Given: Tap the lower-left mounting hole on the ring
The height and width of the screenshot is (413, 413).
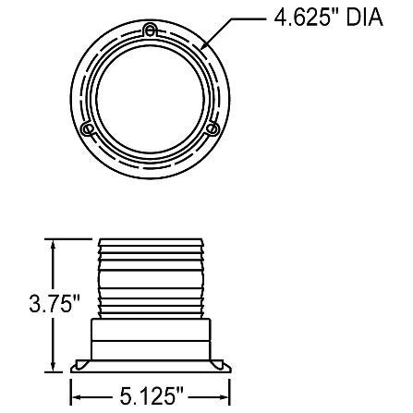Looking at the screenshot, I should (x=87, y=128).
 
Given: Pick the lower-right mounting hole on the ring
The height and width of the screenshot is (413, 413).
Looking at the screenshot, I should (x=213, y=128).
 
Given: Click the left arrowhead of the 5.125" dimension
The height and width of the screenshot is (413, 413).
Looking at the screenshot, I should (x=77, y=396).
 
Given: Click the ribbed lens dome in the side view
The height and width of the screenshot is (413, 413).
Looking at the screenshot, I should (x=150, y=277).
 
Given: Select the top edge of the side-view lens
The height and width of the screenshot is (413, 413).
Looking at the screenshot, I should (x=150, y=237).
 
